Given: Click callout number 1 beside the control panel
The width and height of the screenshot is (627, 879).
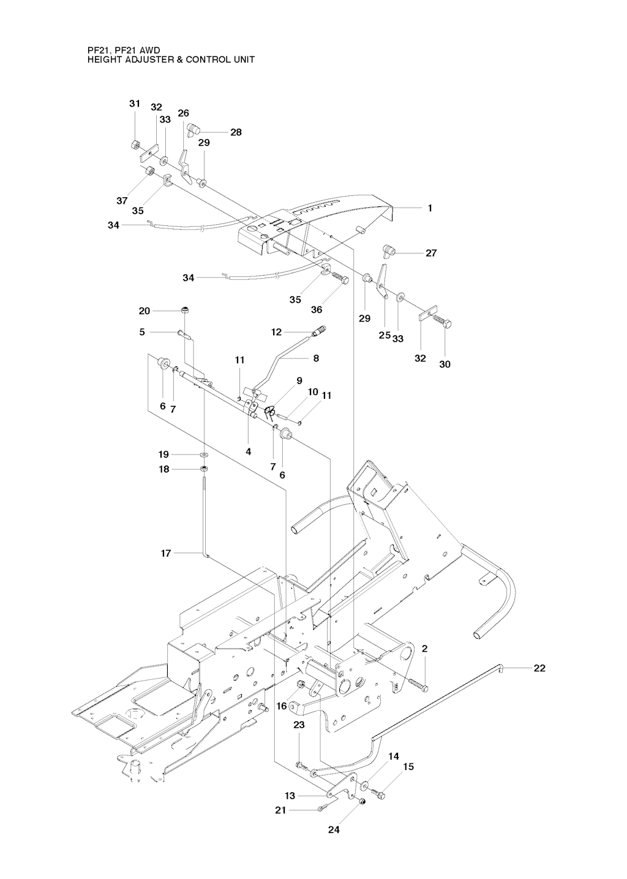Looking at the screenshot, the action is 430,208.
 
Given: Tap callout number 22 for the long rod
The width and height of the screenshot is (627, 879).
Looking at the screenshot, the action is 539,668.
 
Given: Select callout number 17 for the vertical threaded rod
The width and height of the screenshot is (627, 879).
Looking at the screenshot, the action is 165,553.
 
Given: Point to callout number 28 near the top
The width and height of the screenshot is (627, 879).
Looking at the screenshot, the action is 236,132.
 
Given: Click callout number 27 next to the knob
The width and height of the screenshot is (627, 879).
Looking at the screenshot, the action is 431,253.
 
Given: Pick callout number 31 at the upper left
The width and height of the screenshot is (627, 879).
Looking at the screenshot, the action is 135,104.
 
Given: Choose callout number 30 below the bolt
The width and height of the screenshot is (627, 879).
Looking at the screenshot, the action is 445,364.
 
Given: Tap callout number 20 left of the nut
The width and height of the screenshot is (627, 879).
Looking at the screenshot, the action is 145,311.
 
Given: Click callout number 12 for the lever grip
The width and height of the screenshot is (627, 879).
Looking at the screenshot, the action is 276,332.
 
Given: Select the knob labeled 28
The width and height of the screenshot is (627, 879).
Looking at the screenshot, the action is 193,129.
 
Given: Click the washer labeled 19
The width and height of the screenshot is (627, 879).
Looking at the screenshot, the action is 204,455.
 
